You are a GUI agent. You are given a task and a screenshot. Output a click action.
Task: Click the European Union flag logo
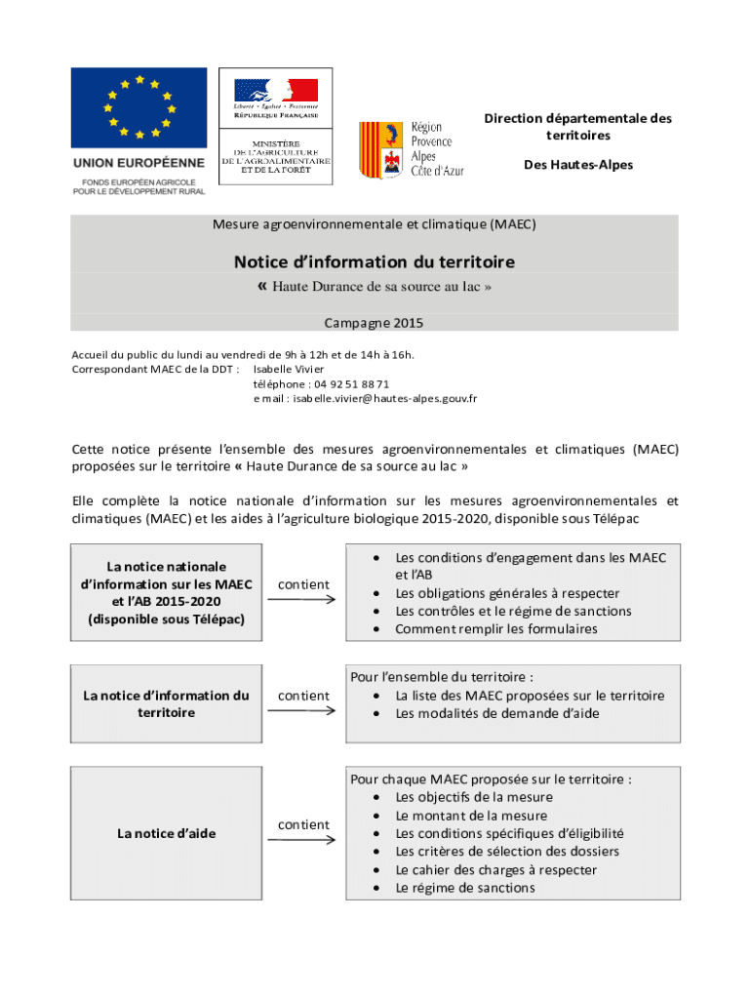138,107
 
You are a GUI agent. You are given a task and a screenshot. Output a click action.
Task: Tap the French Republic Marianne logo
275,92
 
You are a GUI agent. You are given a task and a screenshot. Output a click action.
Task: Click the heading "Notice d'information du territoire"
374,261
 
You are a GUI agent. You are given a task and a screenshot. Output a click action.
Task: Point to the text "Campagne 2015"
374,323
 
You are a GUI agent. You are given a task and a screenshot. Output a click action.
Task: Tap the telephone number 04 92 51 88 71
321,384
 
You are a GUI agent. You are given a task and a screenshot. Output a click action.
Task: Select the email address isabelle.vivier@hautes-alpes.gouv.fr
365,398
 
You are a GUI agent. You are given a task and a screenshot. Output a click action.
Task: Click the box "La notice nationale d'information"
167,592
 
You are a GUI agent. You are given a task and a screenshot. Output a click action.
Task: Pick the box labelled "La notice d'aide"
167,833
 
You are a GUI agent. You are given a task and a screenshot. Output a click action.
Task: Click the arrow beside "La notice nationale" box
302,599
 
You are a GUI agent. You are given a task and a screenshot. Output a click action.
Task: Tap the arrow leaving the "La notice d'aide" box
302,841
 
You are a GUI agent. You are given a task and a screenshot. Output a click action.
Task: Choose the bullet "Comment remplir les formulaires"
495,629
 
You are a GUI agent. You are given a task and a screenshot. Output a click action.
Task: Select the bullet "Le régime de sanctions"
464,888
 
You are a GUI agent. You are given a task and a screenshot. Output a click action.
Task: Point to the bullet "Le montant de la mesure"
471,816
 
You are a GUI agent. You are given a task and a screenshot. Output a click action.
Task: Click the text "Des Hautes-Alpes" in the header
577,165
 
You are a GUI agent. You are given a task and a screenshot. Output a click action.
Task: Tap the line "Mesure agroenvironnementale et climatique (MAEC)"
374,224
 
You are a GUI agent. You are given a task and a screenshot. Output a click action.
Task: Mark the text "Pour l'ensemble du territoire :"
442,677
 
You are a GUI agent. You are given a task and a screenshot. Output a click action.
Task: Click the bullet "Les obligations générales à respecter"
506,593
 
